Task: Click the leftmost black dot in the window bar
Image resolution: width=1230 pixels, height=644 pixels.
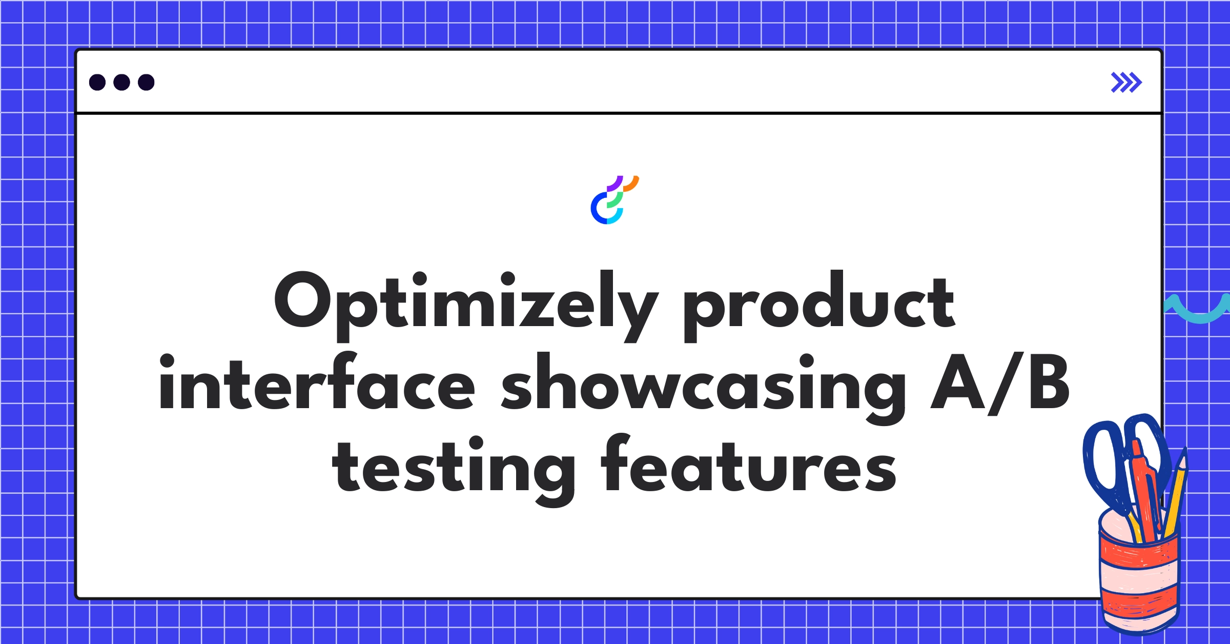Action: point(97,82)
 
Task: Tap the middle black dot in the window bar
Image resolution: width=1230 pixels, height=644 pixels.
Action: point(121,82)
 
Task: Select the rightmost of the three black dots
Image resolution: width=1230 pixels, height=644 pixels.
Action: point(146,82)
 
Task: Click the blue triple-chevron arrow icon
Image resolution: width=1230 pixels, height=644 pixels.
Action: point(1126,82)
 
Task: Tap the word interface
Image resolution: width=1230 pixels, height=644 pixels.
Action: point(317,385)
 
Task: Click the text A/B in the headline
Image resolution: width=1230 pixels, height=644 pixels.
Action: point(1000,385)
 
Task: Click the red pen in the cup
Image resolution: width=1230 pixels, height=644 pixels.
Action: point(1146,492)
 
